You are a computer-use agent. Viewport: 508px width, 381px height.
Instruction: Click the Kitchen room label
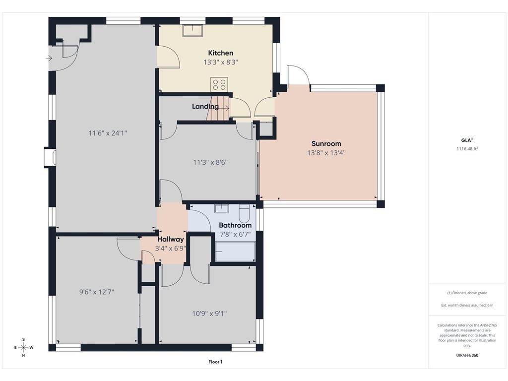point(220,53)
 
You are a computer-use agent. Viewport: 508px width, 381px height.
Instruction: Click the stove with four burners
point(219,84)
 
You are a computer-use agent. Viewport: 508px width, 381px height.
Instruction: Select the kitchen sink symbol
point(192,31)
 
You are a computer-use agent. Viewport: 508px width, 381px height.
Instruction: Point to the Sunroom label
point(326,144)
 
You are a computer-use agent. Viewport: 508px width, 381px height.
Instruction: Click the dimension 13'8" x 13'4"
point(326,153)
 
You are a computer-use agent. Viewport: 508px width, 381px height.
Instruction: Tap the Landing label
point(205,106)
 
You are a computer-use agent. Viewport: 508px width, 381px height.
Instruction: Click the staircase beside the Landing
point(219,108)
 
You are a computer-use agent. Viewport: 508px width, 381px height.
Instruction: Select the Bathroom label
point(235,225)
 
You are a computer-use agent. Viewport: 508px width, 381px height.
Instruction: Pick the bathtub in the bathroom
point(235,251)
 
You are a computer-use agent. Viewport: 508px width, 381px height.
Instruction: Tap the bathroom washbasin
point(222,208)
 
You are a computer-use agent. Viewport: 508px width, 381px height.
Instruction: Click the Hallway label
point(171,240)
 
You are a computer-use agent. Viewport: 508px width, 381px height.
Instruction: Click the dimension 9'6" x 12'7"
point(97,292)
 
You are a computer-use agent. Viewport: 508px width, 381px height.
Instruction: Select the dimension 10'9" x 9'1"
point(209,313)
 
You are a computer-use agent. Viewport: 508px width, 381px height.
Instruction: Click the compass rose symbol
point(23,347)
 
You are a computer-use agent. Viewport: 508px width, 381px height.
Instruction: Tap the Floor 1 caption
point(215,362)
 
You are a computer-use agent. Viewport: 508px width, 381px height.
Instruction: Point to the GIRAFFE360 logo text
point(467,355)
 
